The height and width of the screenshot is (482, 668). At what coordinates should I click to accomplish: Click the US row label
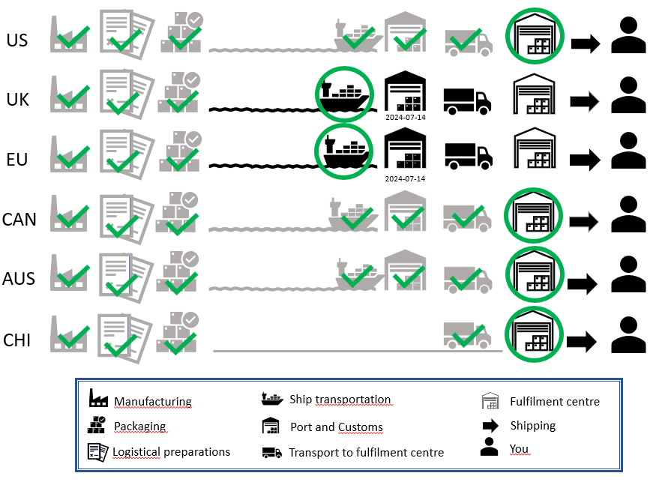coord(17,40)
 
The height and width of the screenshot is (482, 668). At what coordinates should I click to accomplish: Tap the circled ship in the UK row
coord(344,94)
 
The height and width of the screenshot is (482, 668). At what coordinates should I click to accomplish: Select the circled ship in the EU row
coord(344,151)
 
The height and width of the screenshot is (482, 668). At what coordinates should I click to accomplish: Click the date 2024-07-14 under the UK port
coord(406,118)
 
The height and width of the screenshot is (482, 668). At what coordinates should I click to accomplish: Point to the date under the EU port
coord(405,179)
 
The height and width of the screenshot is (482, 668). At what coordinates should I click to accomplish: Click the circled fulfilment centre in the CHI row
coord(535,334)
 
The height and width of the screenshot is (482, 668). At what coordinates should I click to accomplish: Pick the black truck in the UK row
coord(467,102)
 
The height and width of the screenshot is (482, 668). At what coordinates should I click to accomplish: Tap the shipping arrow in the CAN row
coord(584,221)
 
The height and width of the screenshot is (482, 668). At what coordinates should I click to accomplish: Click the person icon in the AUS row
coord(628,274)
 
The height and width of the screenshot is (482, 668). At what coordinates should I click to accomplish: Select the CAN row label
coord(19,220)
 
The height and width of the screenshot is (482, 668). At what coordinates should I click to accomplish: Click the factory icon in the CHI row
coord(68,334)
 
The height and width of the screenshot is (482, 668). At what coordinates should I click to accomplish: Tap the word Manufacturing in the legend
coord(153,402)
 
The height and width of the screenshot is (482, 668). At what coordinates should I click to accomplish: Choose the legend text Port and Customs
coord(337,427)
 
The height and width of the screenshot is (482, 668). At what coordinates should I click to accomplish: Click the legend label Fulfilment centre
coord(555,402)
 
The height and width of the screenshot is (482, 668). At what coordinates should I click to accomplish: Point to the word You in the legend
coord(519,449)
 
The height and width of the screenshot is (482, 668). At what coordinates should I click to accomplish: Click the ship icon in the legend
coord(272,399)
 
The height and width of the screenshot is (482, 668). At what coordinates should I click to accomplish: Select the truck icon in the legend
coord(272,453)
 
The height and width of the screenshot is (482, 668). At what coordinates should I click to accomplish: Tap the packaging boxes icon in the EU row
coord(179,151)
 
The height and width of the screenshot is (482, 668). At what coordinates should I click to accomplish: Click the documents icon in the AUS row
coord(126,278)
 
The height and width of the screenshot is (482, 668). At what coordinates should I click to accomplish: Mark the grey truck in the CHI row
coord(467,336)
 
